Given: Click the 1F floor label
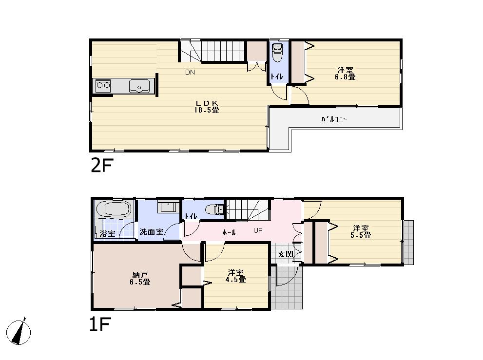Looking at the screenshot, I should click(x=101, y=324).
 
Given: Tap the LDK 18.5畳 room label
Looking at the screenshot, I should click(x=207, y=106).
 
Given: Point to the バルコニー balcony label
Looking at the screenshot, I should click(x=334, y=119).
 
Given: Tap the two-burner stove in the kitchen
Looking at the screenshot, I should click(x=103, y=86).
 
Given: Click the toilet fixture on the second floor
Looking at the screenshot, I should click(x=277, y=54).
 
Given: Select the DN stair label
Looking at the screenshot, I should click(x=190, y=73).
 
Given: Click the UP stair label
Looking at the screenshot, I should click(x=258, y=230).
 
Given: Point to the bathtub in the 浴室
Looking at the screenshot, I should click(x=114, y=210).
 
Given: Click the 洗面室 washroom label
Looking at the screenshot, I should click(x=151, y=232).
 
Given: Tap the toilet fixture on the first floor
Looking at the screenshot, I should click(x=214, y=209).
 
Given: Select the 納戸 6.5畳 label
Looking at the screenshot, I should click(x=140, y=278).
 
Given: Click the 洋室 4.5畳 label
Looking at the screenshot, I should click(x=236, y=276).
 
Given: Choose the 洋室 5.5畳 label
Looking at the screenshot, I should click(x=361, y=231).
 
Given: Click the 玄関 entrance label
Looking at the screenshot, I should click(x=285, y=254).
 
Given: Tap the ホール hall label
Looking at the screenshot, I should click(x=229, y=233).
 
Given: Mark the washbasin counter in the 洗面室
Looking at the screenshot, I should click(x=167, y=207).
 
